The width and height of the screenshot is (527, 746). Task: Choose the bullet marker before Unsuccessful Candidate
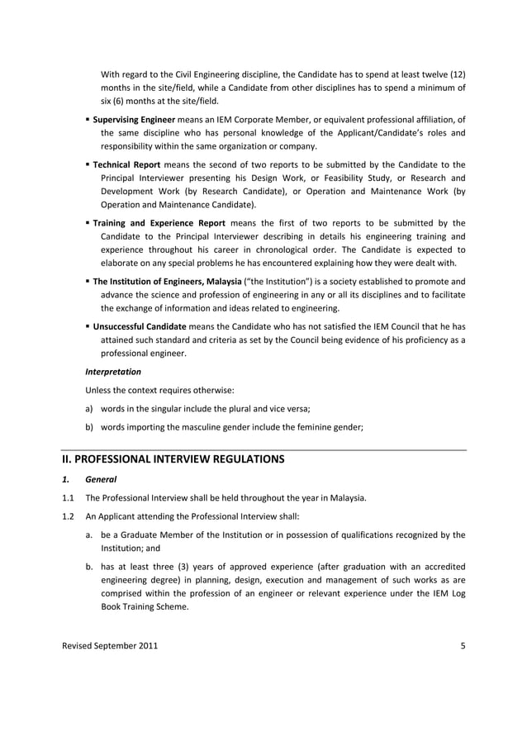tap(88, 326)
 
